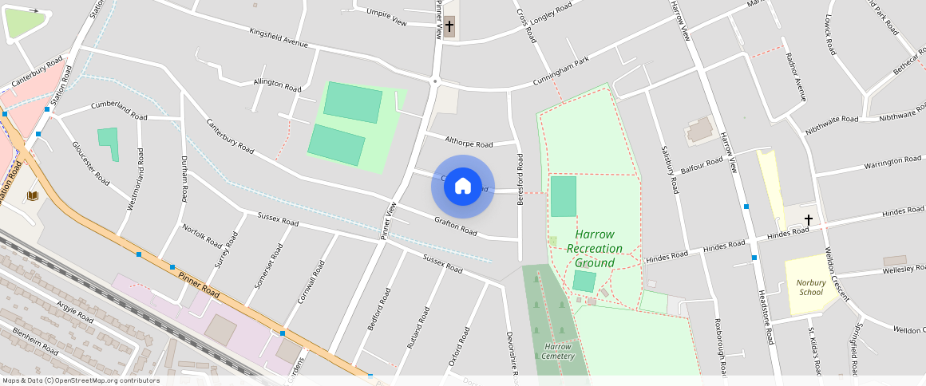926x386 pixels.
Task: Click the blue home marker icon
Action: click(463, 187)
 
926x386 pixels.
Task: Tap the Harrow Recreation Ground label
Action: click(595, 249)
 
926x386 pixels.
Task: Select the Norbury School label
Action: click(810, 286)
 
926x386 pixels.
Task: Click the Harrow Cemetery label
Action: click(557, 351)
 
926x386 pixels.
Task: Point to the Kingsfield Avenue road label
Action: click(279, 38)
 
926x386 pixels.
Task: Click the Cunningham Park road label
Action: click(561, 73)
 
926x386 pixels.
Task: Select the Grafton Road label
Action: click(456, 226)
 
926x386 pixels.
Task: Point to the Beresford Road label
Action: click(520, 179)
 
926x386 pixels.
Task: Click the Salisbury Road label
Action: click(669, 170)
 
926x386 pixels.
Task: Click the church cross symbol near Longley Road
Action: click(449, 26)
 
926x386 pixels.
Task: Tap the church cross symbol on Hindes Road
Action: click(808, 219)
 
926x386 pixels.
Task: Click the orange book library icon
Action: click(33, 195)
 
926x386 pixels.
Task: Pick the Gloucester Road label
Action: click(90, 163)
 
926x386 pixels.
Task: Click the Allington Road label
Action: click(277, 85)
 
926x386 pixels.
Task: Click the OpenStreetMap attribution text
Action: click(80, 380)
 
